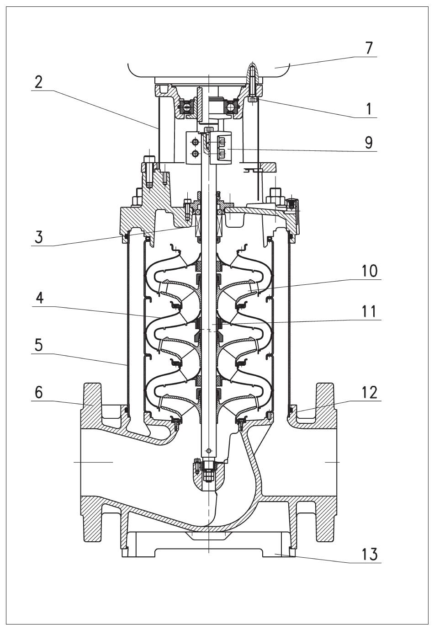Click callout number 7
369,48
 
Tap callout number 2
38,82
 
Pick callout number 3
39,237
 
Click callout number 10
369,271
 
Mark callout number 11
369,311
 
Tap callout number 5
39,345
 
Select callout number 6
39,392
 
